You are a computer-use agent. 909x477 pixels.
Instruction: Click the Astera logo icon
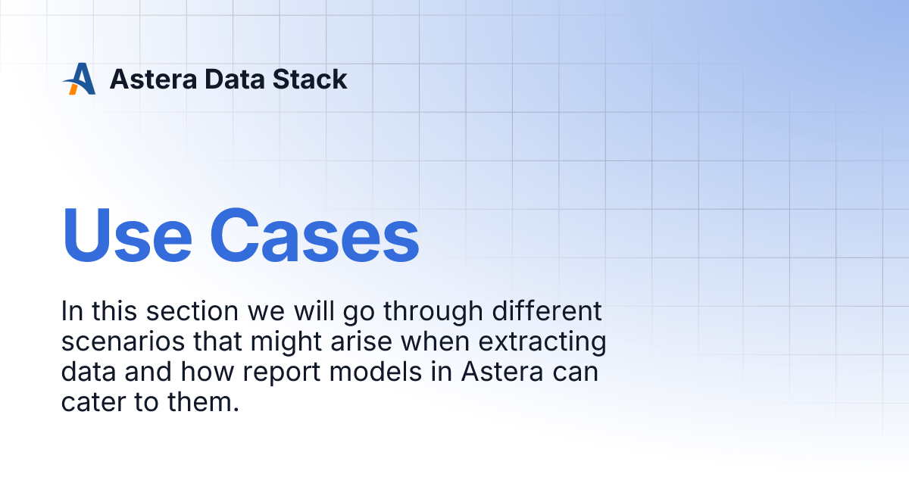pyautogui.click(x=79, y=79)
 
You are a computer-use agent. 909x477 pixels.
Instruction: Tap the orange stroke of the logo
pyautogui.click(x=73, y=89)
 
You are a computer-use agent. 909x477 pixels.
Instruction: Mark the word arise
pyautogui.click(x=367, y=342)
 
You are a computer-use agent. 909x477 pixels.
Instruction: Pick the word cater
pyautogui.click(x=95, y=403)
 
